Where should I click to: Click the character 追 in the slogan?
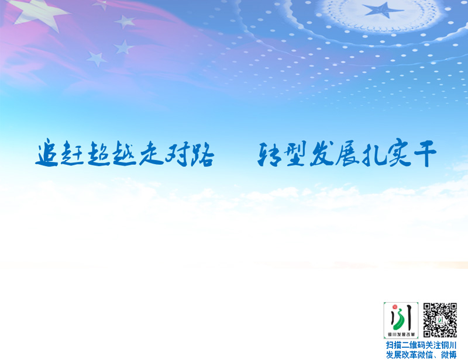pos(47,152)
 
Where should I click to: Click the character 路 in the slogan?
pos(202,154)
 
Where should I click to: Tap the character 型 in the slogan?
pos(294,153)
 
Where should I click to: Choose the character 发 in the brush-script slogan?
pos(321,153)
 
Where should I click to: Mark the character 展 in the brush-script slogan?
pos(347,153)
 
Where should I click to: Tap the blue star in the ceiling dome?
pos(383,10)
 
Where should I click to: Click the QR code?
pos(440,320)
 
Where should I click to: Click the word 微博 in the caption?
pos(449,355)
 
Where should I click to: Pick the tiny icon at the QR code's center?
pos(440,320)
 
